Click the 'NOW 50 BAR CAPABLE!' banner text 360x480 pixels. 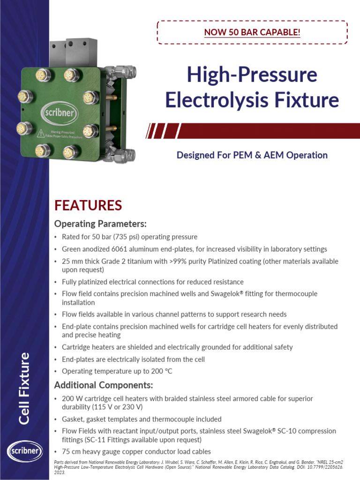click(x=252, y=32)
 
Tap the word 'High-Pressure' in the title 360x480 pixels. click(x=252, y=75)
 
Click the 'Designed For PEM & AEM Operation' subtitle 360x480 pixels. click(x=252, y=155)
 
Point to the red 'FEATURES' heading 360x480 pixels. click(x=88, y=205)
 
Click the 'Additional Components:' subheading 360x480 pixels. click(x=104, y=385)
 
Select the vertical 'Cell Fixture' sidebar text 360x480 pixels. click(x=24, y=389)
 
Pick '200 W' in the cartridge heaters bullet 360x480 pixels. click(x=71, y=399)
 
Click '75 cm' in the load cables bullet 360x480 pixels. click(x=70, y=452)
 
